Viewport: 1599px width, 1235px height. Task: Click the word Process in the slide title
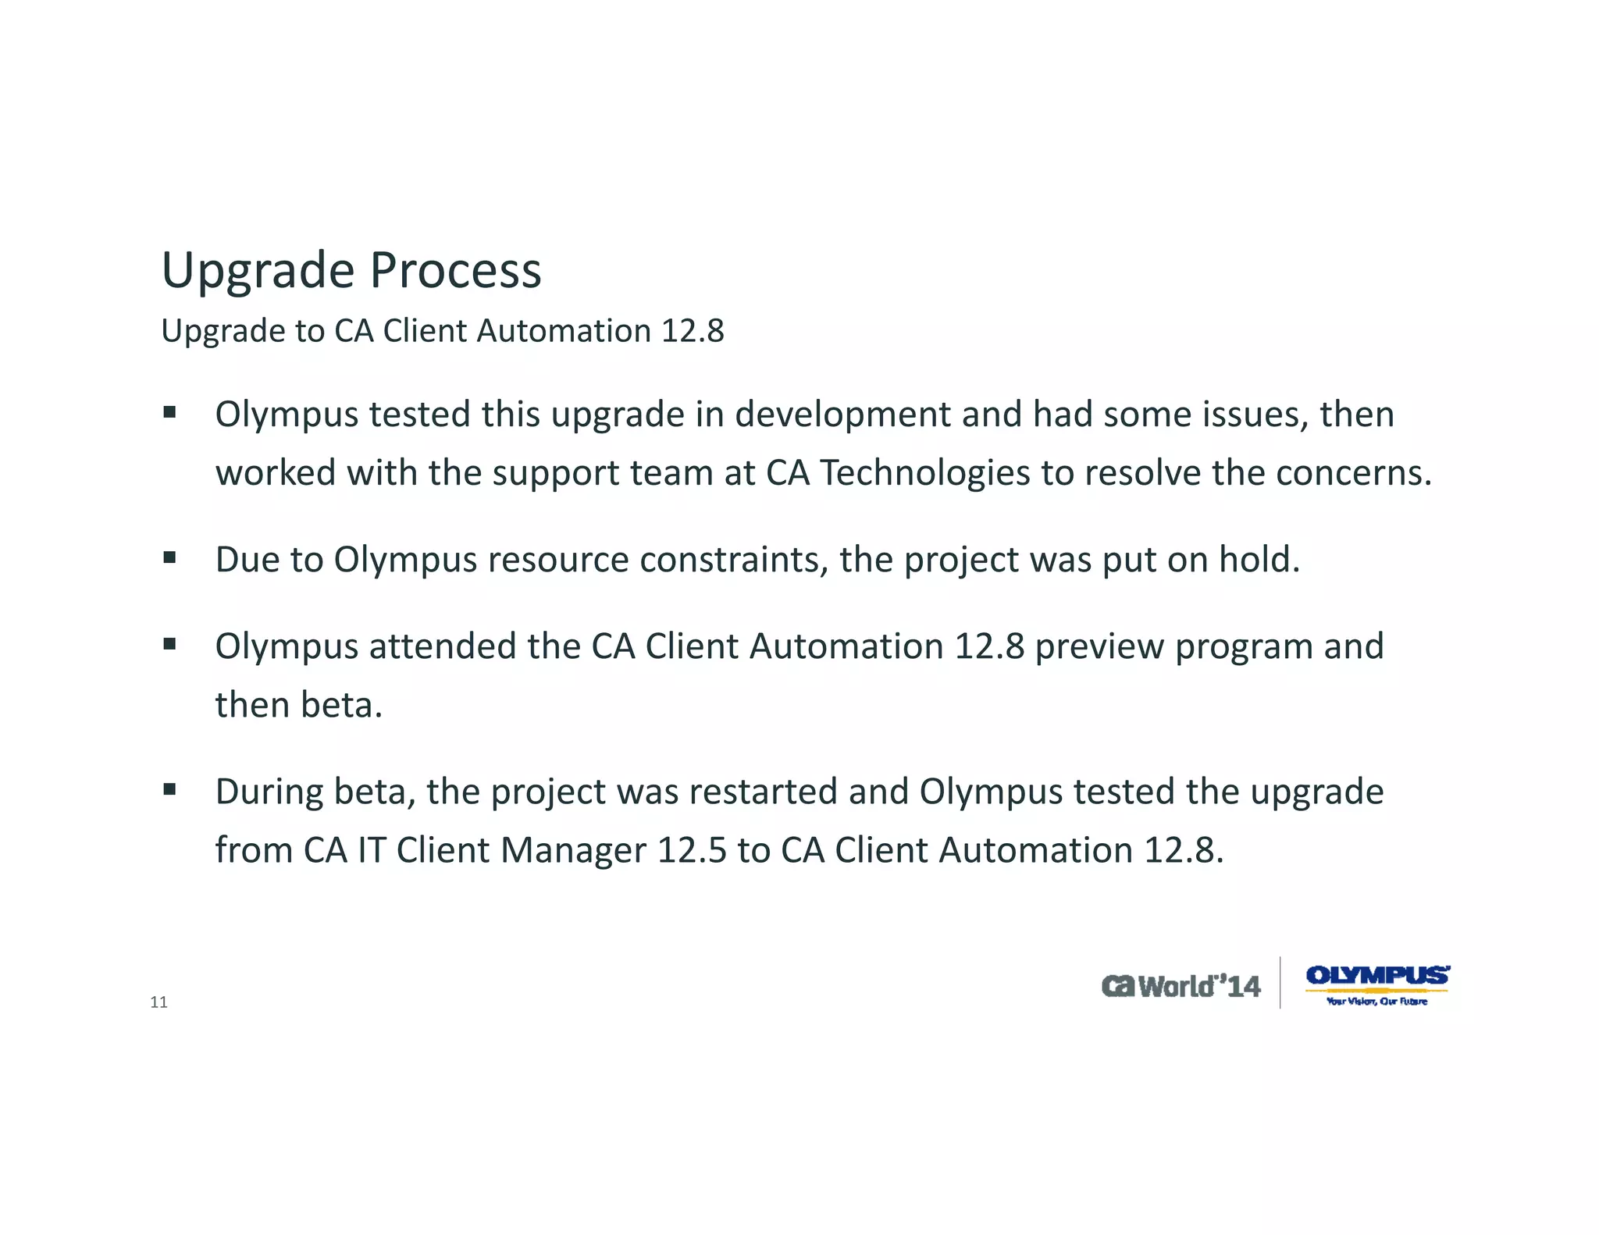(x=455, y=270)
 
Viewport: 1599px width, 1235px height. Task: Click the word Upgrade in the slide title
(x=258, y=272)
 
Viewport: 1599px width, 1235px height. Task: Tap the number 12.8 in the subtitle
(x=693, y=331)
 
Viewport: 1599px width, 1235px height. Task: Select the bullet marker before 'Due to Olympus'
(x=169, y=557)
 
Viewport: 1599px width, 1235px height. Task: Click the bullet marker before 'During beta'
(x=169, y=789)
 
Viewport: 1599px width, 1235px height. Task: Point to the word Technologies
(x=924, y=473)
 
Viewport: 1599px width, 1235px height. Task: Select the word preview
(x=1099, y=646)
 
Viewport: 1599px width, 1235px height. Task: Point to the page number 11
(x=158, y=1002)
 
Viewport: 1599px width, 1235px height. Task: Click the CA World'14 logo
(x=1181, y=986)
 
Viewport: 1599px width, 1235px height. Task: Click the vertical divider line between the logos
(x=1280, y=983)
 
